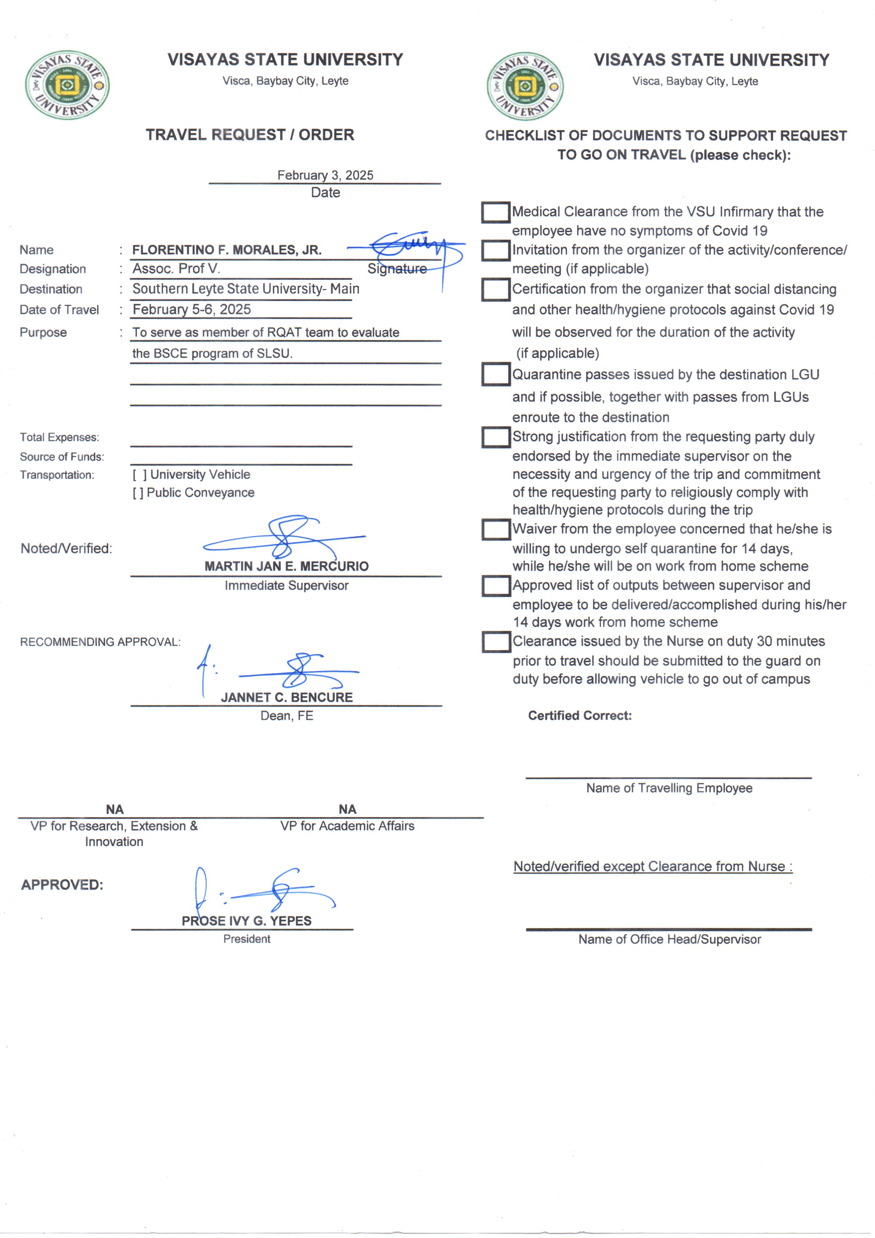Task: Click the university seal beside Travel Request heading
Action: [x=67, y=85]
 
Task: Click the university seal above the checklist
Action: [x=525, y=86]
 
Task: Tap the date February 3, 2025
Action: [x=325, y=175]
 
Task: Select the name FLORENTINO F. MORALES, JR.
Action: [x=227, y=250]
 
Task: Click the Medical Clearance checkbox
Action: [x=496, y=212]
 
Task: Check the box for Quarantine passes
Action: [x=496, y=374]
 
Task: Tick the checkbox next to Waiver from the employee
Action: [x=496, y=530]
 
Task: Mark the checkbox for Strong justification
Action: [x=496, y=437]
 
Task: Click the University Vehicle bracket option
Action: [x=139, y=475]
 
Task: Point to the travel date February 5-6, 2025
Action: [x=192, y=309]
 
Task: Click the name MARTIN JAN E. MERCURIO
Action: [x=286, y=566]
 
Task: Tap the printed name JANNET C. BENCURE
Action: [x=286, y=697]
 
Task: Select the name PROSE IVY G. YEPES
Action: [x=247, y=921]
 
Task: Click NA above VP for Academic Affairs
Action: [x=347, y=809]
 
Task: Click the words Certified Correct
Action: [x=579, y=715]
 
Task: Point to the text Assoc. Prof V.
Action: [x=176, y=268]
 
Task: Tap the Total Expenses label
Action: [x=59, y=437]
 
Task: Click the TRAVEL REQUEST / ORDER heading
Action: [x=250, y=135]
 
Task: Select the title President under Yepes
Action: [x=247, y=939]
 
